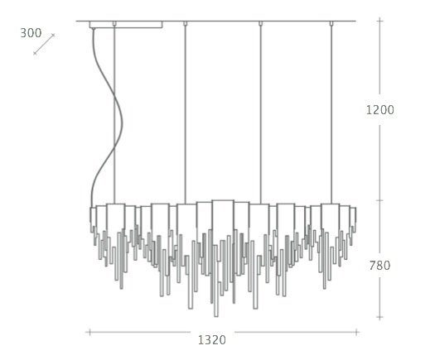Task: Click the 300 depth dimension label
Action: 31,33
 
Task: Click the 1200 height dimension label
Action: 380,110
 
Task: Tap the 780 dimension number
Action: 379,266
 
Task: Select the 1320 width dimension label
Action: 212,340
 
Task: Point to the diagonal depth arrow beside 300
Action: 44,44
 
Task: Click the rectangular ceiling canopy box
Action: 126,25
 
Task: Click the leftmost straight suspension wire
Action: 114,114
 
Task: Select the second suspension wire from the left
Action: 186,114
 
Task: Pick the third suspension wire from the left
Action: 260,114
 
